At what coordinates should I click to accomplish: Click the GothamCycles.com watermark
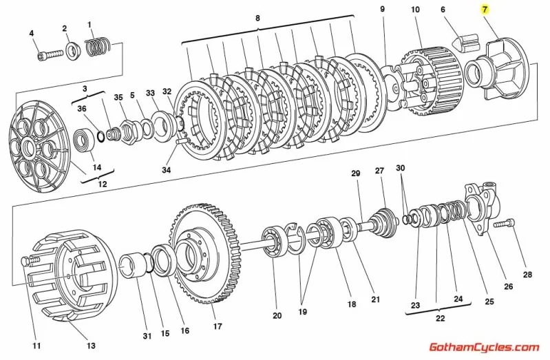click(x=483, y=348)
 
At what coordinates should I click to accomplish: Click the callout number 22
click(x=440, y=318)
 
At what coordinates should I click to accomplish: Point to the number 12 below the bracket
click(x=103, y=184)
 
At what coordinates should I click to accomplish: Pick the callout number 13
click(x=91, y=346)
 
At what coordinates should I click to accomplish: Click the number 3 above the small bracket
click(x=85, y=89)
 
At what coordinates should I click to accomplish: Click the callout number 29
click(x=356, y=173)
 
